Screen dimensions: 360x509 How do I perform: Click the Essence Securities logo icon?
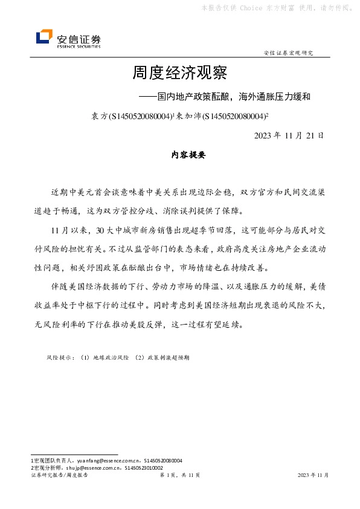[44, 37]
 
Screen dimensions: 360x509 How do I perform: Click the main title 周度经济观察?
[179, 74]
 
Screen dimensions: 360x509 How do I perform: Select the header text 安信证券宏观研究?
[289, 53]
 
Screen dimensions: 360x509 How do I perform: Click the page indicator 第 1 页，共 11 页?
[179, 476]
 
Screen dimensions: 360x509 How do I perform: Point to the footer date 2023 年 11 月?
[313, 476]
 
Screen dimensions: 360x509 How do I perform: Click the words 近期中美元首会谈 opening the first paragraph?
[82, 193]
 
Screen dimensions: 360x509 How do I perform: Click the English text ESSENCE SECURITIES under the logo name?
[79, 46]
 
